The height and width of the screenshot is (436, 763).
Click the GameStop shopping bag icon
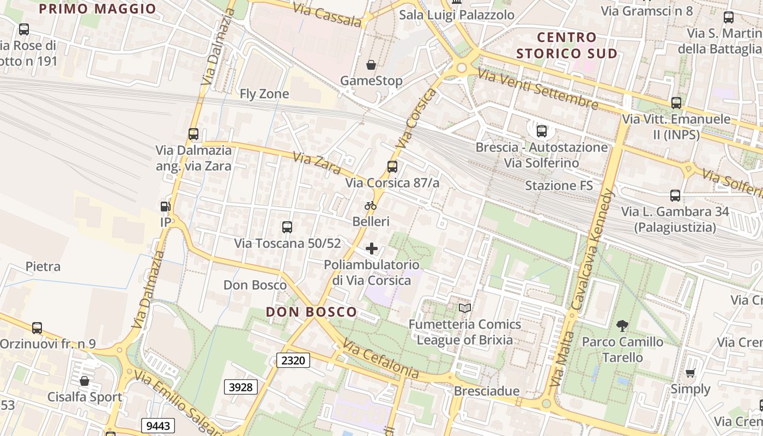click(371, 65)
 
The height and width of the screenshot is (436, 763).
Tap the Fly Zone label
click(264, 94)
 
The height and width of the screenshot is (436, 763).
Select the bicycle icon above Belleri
click(371, 206)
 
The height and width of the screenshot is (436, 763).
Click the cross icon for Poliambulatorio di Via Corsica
click(372, 249)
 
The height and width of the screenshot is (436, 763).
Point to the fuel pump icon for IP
click(165, 207)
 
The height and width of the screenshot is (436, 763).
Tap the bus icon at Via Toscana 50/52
click(287, 227)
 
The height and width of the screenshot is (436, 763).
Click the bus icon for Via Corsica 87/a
click(392, 167)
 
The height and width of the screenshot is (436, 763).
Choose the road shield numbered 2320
click(293, 360)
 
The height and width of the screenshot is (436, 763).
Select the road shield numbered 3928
click(241, 387)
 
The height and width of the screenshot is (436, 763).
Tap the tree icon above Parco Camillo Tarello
click(622, 326)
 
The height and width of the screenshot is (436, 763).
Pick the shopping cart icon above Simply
click(691, 373)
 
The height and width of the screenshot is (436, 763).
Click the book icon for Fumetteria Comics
click(465, 308)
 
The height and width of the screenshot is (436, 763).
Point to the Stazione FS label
click(559, 186)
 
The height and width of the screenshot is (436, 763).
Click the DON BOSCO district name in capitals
click(311, 312)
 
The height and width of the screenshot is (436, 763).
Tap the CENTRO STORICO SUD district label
click(567, 45)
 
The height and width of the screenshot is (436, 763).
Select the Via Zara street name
click(317, 162)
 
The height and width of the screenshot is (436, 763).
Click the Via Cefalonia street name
click(381, 361)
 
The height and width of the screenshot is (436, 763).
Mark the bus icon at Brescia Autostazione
click(542, 131)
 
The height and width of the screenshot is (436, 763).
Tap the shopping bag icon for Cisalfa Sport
click(84, 381)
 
